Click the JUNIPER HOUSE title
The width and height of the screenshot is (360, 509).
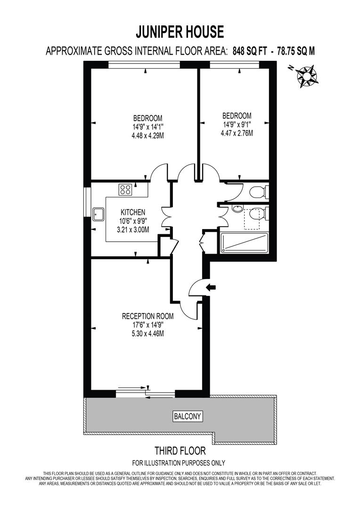[x=180, y=32]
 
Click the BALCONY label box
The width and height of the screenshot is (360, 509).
[x=188, y=416]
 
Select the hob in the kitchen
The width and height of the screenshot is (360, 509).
[x=125, y=190]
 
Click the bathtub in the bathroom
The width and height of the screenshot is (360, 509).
[x=244, y=243]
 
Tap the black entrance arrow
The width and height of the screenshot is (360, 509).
[x=211, y=287]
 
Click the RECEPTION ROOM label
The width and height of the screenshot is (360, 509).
[x=147, y=316]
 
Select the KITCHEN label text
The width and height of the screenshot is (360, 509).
[x=133, y=213]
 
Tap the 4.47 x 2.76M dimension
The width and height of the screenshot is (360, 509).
[x=237, y=133]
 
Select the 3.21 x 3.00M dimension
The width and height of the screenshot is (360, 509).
[x=133, y=230]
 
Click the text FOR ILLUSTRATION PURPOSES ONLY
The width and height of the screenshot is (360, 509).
[x=180, y=463]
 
